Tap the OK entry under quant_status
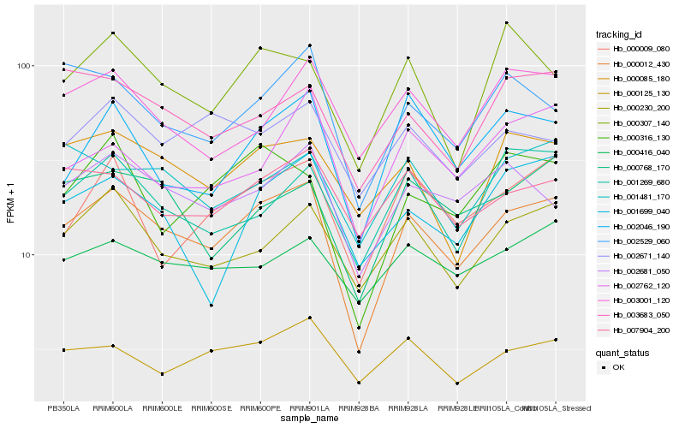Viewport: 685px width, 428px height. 618,366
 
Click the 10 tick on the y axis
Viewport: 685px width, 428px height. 26,255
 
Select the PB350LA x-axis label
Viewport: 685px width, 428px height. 63,408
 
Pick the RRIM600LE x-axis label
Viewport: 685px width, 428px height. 162,408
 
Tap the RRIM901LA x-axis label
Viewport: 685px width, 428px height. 309,408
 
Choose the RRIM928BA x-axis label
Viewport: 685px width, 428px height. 358,408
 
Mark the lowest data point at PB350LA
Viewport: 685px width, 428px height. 63,350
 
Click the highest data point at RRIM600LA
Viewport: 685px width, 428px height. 113,33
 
